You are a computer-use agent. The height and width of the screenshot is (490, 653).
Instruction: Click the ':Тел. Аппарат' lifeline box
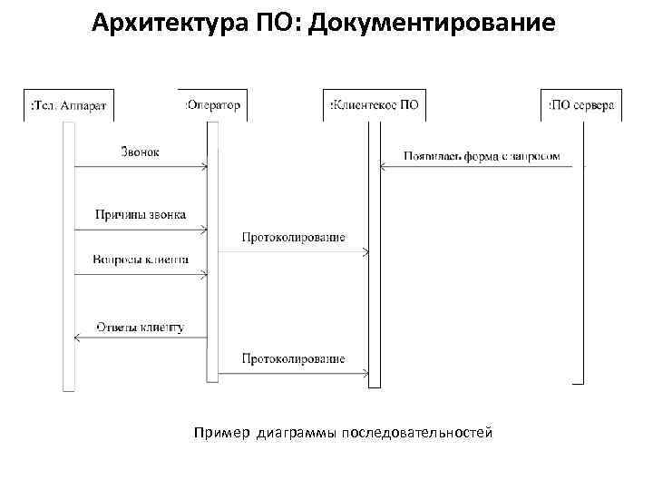tap(68, 104)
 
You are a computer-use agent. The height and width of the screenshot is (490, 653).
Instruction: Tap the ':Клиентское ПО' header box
tap(373, 104)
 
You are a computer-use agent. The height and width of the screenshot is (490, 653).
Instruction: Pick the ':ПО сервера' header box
tap(580, 105)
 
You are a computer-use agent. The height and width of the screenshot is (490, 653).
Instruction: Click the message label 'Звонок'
tap(140, 152)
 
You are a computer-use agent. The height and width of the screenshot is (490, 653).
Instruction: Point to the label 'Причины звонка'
tap(141, 215)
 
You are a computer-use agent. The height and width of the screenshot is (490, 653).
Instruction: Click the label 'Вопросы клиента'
tap(141, 260)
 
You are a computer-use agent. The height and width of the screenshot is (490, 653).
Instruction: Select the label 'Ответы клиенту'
tap(140, 326)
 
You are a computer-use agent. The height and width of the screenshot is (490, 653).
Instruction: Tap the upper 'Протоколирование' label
tap(293, 237)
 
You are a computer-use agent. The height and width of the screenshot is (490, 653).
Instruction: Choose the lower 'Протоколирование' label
tap(293, 358)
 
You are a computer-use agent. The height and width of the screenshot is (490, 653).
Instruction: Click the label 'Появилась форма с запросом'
tap(482, 155)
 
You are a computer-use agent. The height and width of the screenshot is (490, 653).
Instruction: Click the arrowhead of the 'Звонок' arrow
tap(205, 166)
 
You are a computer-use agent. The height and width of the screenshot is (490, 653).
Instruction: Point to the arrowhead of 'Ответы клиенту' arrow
tap(77, 338)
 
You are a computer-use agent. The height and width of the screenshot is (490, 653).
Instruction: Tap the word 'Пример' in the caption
tap(221, 433)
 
